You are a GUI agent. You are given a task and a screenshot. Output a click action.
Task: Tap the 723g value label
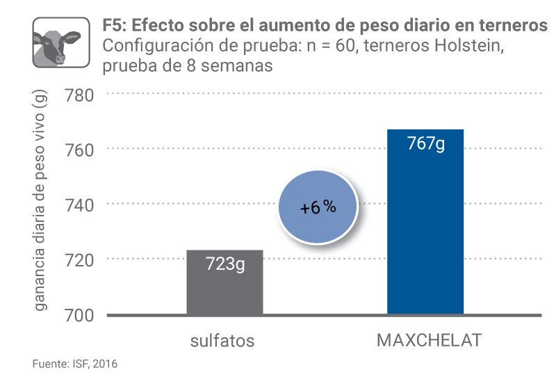pyautogui.click(x=224, y=264)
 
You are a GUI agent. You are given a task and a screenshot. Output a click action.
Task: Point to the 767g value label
pyautogui.click(x=425, y=145)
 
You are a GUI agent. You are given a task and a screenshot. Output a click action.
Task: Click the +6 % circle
pyautogui.click(x=318, y=208)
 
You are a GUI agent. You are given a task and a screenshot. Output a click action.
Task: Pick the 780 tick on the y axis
pyautogui.click(x=79, y=94)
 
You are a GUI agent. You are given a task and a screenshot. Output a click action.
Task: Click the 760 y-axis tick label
pyautogui.click(x=79, y=149)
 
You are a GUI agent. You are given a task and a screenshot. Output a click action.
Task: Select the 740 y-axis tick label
pyautogui.click(x=79, y=204)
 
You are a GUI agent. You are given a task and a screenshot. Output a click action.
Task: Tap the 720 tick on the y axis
pyautogui.click(x=79, y=259)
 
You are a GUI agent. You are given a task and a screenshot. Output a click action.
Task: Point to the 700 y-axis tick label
pyautogui.click(x=79, y=315)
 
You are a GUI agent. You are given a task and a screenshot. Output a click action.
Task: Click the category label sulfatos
pyautogui.click(x=223, y=342)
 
